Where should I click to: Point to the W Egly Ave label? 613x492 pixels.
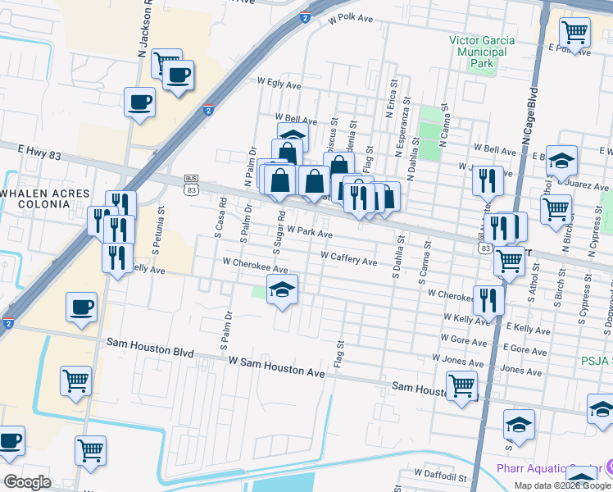(279, 83)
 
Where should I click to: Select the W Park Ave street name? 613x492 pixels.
(309, 234)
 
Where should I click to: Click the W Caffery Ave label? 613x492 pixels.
(348, 262)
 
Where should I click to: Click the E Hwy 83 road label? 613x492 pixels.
(39, 149)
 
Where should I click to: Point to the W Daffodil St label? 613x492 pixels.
(440, 475)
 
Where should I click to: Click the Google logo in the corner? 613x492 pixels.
(26, 482)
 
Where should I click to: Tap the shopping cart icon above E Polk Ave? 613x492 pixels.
(575, 33)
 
